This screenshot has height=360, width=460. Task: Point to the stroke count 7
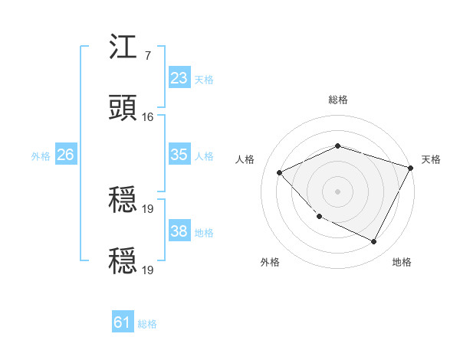click(x=147, y=55)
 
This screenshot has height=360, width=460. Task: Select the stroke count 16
click(x=148, y=116)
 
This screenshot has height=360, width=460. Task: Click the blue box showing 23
click(x=179, y=78)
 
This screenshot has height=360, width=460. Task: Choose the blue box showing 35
click(x=179, y=155)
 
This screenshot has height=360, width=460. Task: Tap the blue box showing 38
click(x=179, y=231)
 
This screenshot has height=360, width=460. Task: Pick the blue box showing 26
click(x=65, y=155)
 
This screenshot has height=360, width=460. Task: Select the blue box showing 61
click(x=122, y=323)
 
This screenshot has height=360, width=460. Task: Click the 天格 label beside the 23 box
click(x=204, y=79)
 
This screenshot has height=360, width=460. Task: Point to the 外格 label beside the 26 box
click(x=41, y=155)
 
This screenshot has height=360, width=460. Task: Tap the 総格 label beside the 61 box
click(x=147, y=324)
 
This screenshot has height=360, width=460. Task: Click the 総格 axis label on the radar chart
click(x=337, y=100)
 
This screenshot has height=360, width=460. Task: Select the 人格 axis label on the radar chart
click(x=245, y=159)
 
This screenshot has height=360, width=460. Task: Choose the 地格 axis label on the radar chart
click(x=402, y=263)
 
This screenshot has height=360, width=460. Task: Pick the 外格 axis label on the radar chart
click(x=270, y=263)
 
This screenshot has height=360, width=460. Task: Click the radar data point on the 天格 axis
click(x=411, y=167)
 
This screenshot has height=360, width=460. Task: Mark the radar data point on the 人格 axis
click(x=280, y=172)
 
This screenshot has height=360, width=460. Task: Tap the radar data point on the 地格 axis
click(x=374, y=242)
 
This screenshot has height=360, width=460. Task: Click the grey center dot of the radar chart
click(x=337, y=191)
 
